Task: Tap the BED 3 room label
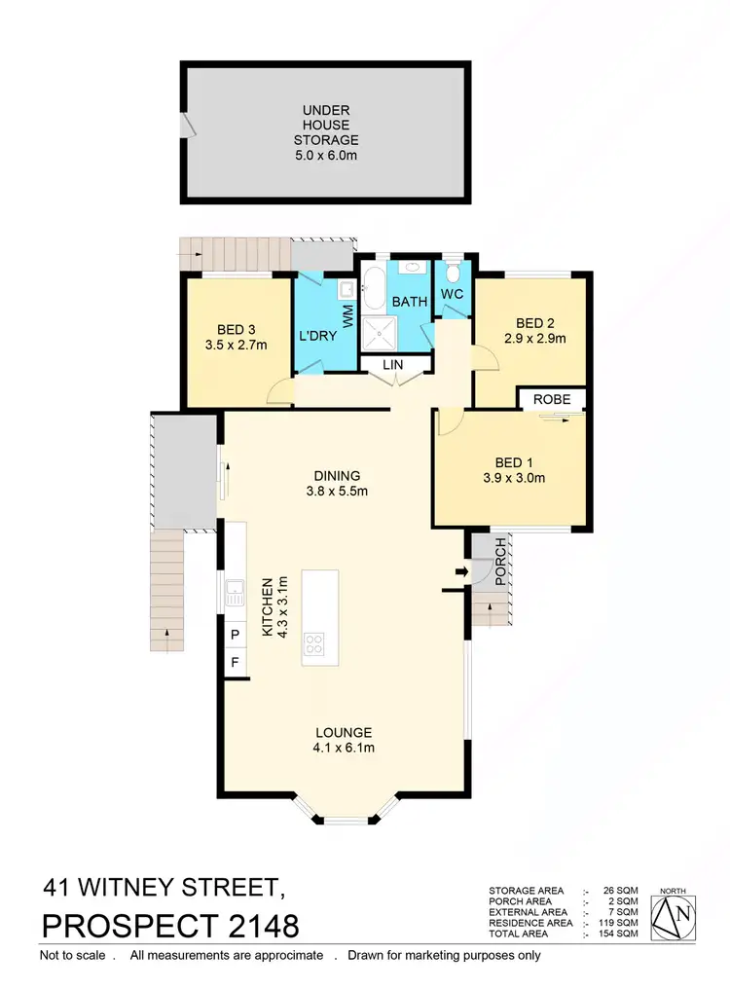(236, 329)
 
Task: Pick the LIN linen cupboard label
(392, 366)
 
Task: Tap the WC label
(452, 293)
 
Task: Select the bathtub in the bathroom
(373, 286)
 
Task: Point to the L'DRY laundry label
(318, 336)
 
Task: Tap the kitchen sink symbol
(234, 591)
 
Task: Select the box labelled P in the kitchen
(235, 635)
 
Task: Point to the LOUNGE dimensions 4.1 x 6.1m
(343, 748)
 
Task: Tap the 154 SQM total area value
(619, 934)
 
